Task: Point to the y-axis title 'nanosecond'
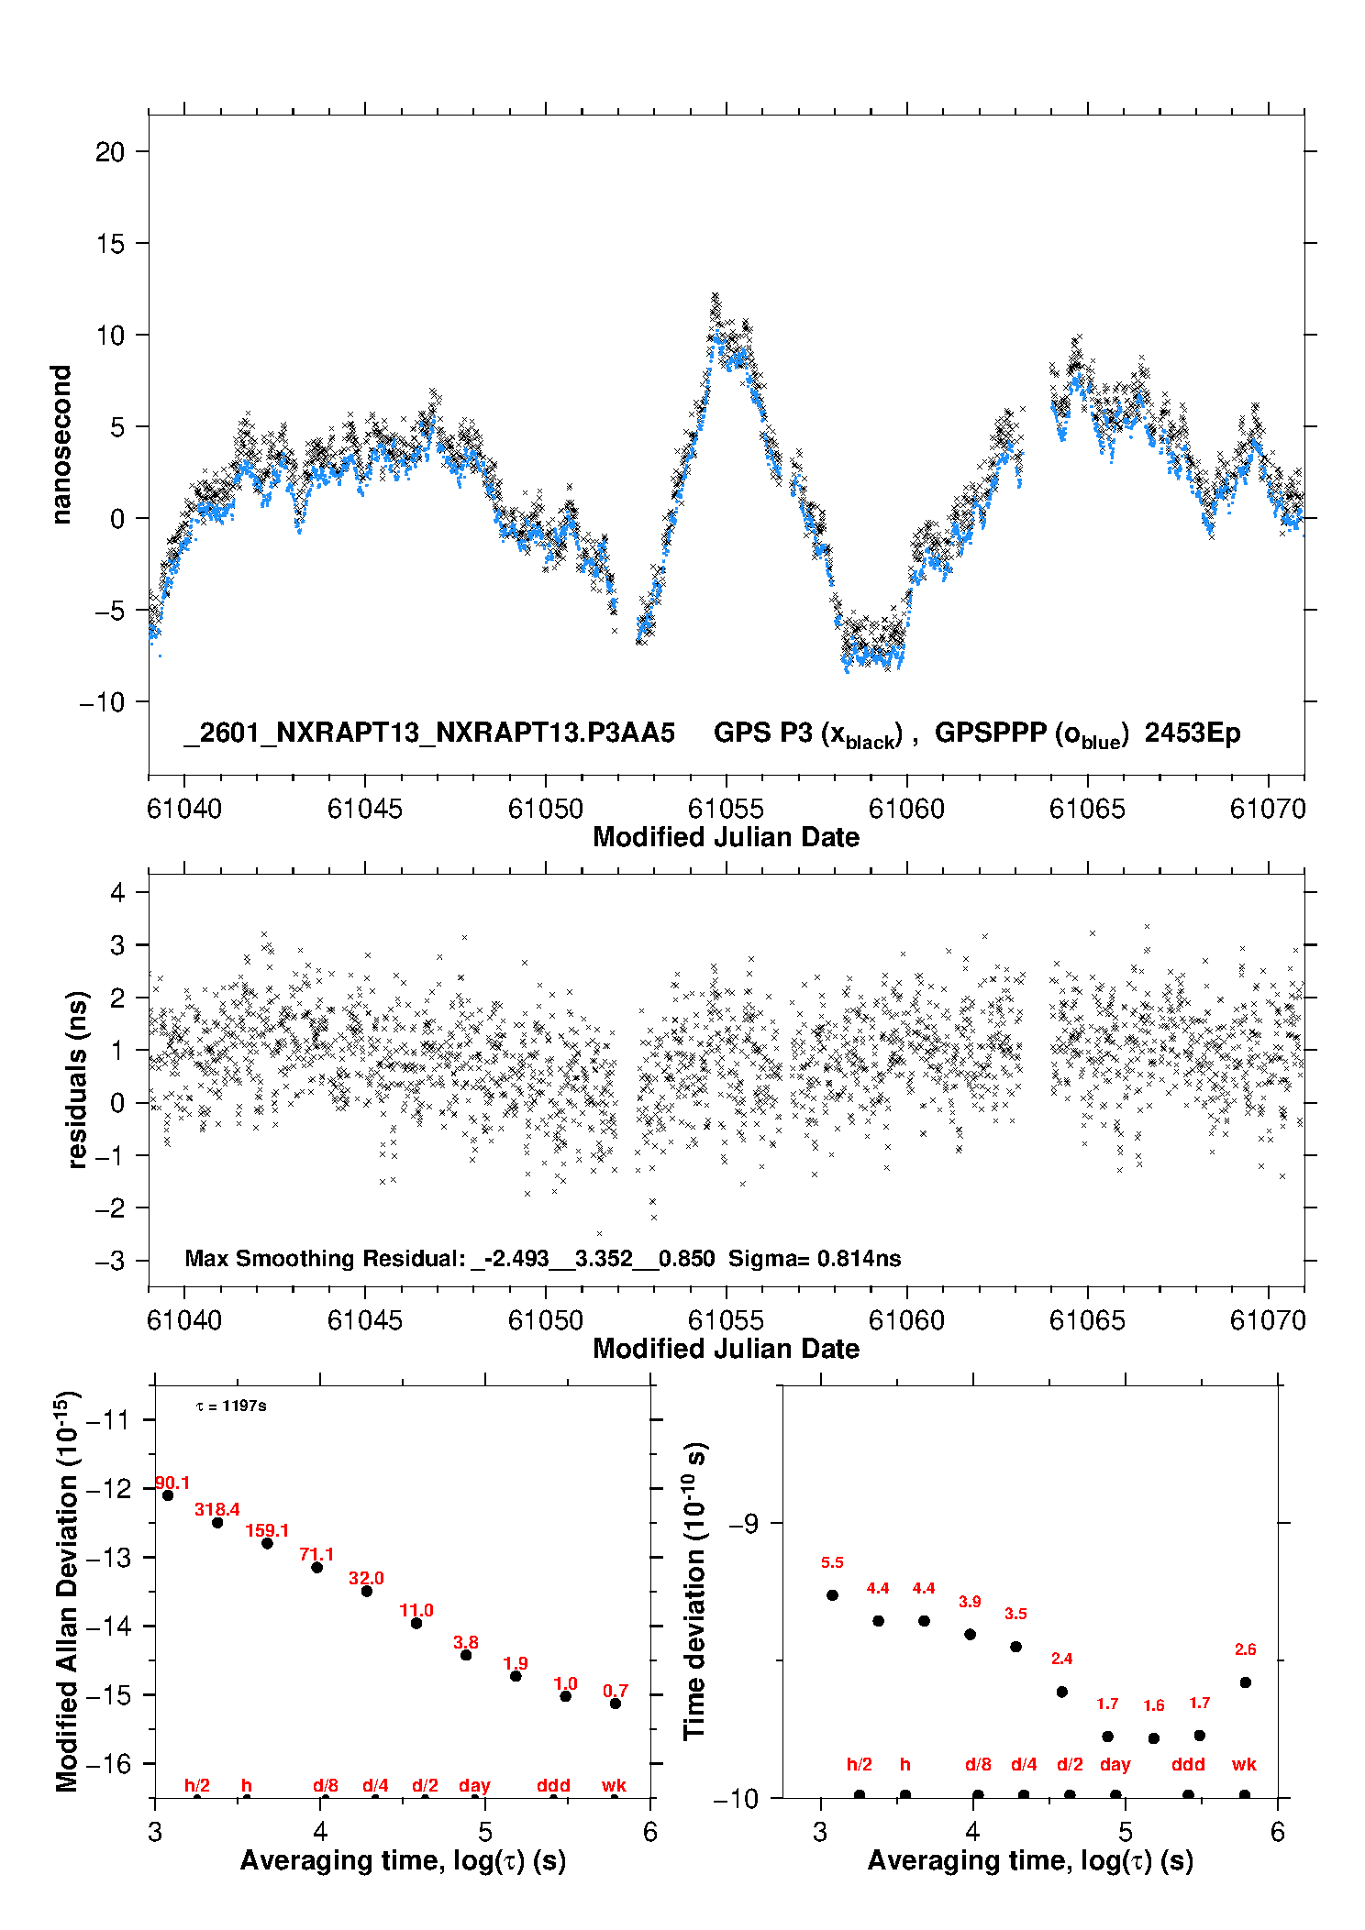click(61, 445)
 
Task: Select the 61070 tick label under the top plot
click(1267, 809)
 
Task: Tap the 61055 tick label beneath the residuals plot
click(726, 1320)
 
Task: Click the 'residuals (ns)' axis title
click(78, 1079)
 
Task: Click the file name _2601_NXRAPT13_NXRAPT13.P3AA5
click(429, 733)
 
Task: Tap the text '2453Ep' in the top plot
click(1192, 733)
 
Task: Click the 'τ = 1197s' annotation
click(231, 1406)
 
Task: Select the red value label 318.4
click(217, 1509)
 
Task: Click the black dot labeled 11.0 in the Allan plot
click(416, 1623)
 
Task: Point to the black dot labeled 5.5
click(832, 1594)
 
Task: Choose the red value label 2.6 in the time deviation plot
click(1245, 1649)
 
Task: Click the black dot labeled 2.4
click(1061, 1692)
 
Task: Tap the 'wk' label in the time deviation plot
click(1244, 1764)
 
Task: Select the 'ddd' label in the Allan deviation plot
click(553, 1785)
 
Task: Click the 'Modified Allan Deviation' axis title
click(67, 1591)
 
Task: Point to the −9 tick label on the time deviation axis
click(744, 1524)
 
